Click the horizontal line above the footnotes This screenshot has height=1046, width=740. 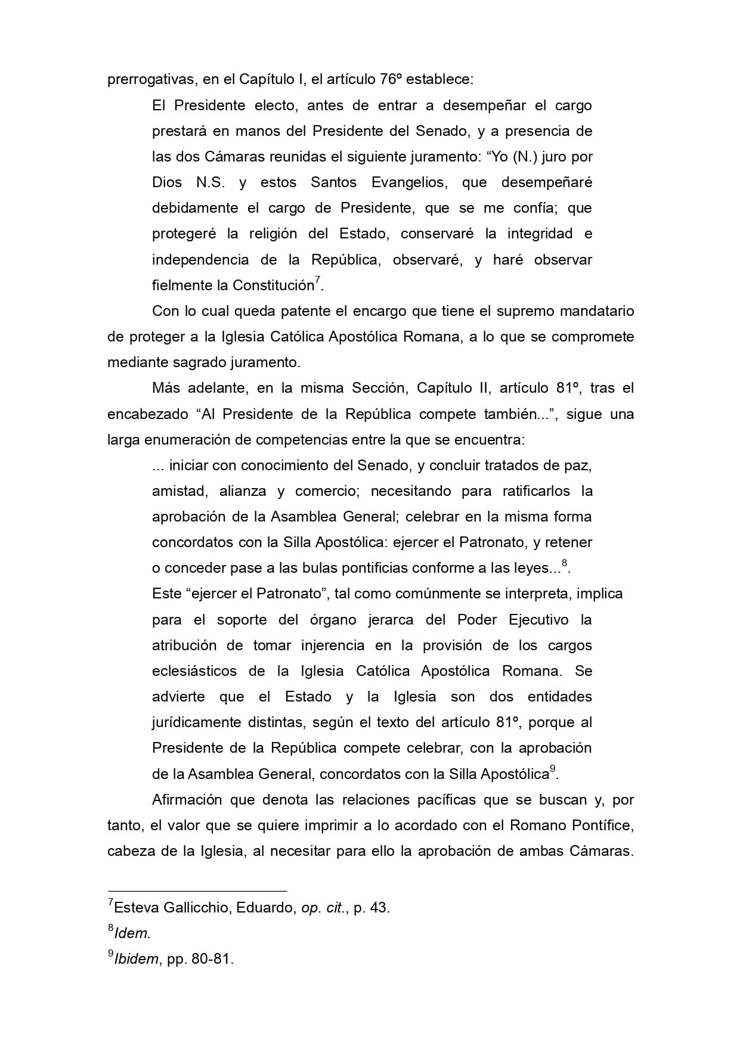(197, 890)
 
